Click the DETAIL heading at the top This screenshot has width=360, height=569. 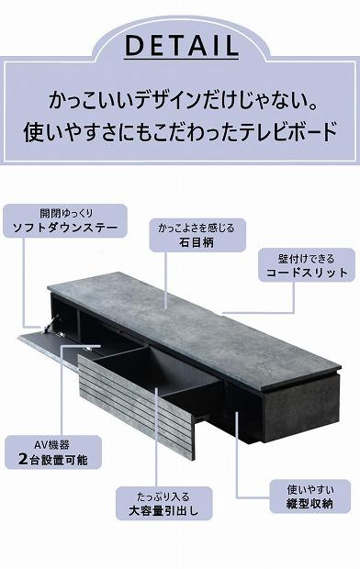coord(180,46)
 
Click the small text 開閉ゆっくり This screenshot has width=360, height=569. coord(62,213)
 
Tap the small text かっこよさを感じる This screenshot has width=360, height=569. coord(196,228)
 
